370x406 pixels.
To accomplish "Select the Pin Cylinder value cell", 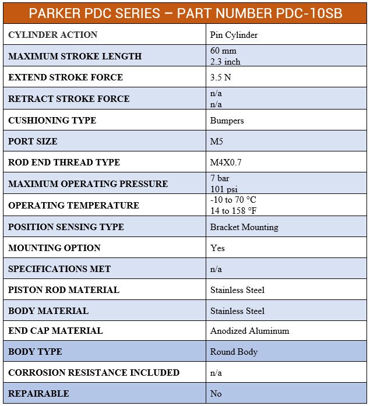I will pyautogui.click(x=234, y=35).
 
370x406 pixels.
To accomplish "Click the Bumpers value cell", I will pyautogui.click(x=227, y=121).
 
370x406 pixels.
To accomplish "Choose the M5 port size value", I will pyautogui.click(x=216, y=142).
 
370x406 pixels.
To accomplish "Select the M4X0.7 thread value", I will pyautogui.click(x=225, y=163).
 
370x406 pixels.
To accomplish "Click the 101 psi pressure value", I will pyautogui.click(x=225, y=189).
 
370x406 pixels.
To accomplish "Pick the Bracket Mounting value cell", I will pyautogui.click(x=244, y=227).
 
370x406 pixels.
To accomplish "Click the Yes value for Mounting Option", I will pyautogui.click(x=217, y=248).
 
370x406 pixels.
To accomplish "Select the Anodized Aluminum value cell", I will pyautogui.click(x=249, y=331).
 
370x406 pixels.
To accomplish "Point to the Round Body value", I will pyautogui.click(x=234, y=352).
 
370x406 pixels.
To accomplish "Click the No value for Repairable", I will pyautogui.click(x=216, y=394).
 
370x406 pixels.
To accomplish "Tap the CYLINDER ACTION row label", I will pyautogui.click(x=53, y=35).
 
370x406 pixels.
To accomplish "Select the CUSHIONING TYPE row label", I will pyautogui.click(x=52, y=121).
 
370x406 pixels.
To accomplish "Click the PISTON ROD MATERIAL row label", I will pyautogui.click(x=64, y=290).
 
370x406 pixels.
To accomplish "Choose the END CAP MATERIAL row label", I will pyautogui.click(x=55, y=331).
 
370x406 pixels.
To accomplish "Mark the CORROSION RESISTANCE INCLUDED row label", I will pyautogui.click(x=94, y=373).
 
